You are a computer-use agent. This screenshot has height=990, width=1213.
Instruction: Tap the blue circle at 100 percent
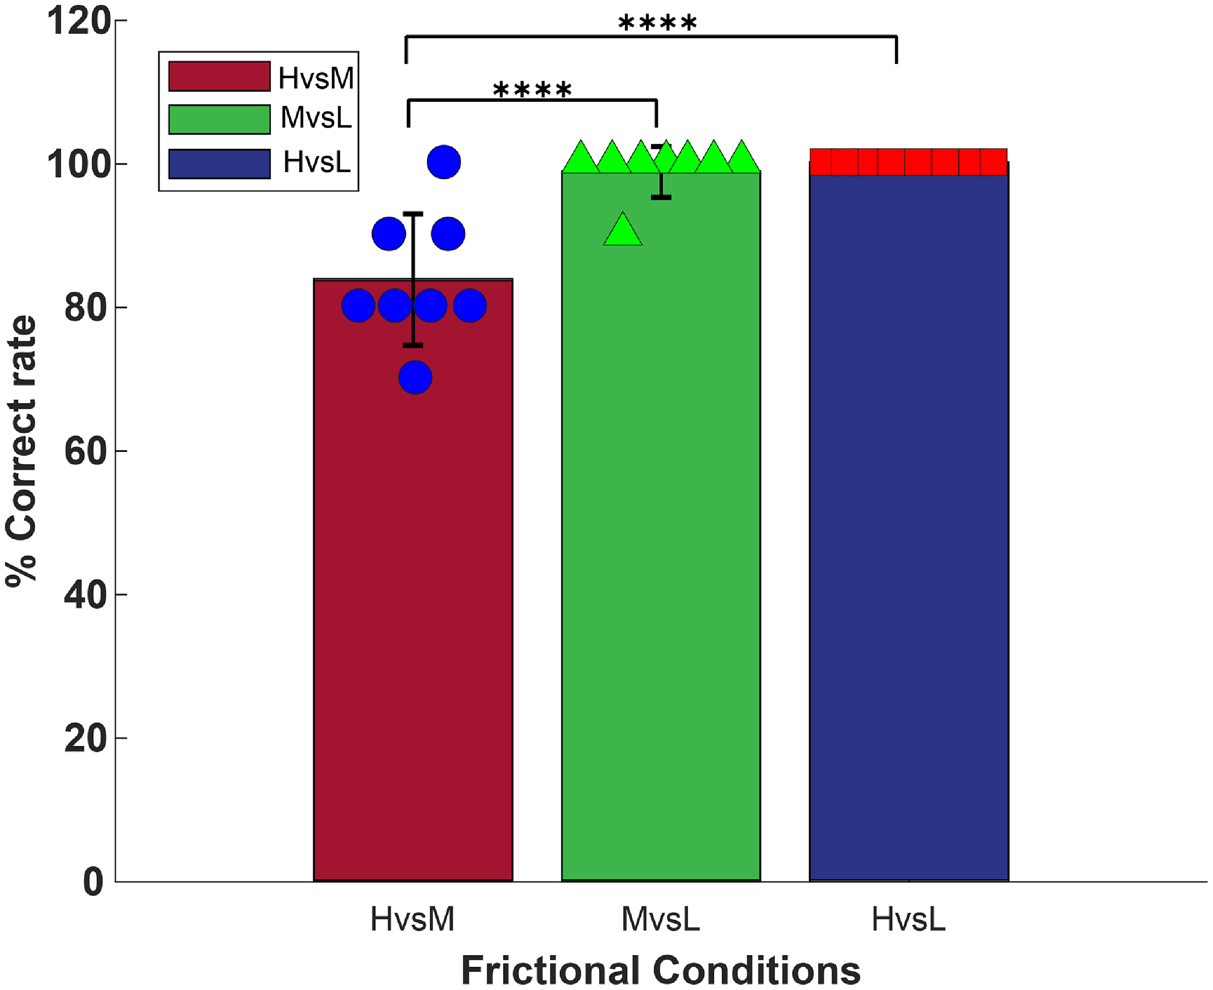pyautogui.click(x=444, y=162)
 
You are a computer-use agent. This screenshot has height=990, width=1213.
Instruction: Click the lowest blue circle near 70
pyautogui.click(x=415, y=378)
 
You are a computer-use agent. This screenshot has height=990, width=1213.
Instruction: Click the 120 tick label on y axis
pyautogui.click(x=78, y=22)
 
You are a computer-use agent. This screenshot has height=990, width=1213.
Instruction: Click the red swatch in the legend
pyautogui.click(x=219, y=76)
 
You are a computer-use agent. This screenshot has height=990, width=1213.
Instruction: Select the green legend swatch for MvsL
pyautogui.click(x=219, y=119)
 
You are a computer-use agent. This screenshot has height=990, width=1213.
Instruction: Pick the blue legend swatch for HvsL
pyautogui.click(x=219, y=164)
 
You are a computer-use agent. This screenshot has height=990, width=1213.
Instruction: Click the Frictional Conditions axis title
pyautogui.click(x=660, y=970)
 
